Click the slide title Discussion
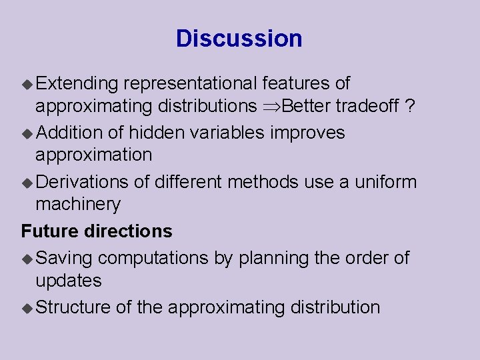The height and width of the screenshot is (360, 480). tap(239, 39)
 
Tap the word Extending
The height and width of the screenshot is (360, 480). tap(77, 84)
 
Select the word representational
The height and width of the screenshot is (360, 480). tap(190, 84)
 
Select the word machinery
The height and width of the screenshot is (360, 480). tap(78, 205)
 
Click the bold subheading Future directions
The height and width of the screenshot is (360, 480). tap(97, 231)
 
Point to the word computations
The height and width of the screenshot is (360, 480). tap(154, 258)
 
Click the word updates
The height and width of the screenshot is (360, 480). tap(69, 281)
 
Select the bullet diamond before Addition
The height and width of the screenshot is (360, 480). tap(27, 133)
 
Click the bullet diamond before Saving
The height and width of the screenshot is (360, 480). tap(27, 259)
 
